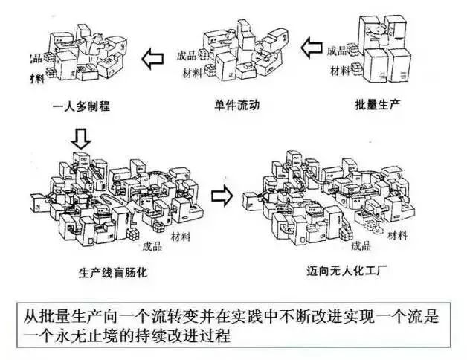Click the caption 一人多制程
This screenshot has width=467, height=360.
click(83, 106)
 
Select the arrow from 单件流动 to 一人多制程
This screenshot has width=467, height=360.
click(155, 57)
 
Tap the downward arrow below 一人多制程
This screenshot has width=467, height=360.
click(83, 136)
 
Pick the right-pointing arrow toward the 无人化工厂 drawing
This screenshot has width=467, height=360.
click(220, 196)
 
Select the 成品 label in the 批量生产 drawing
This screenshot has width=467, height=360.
click(338, 51)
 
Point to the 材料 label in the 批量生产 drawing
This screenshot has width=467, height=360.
click(341, 71)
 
